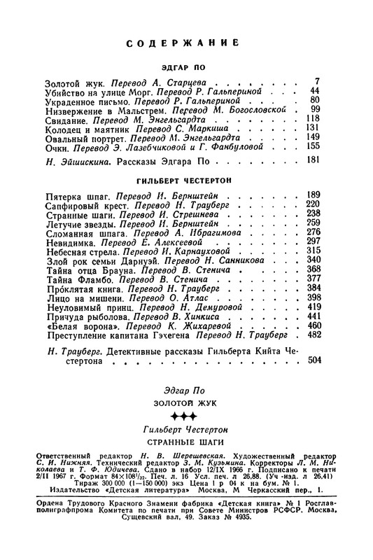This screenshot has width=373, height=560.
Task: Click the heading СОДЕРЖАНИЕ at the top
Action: (187, 43)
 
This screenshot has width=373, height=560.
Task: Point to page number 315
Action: (312, 250)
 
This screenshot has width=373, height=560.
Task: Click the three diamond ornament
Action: (186, 417)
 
